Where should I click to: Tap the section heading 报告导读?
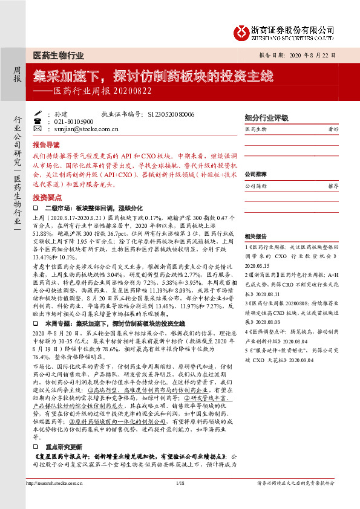coord(46,146)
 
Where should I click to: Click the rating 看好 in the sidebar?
coord(332,129)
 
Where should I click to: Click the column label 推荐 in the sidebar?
coord(332,187)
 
